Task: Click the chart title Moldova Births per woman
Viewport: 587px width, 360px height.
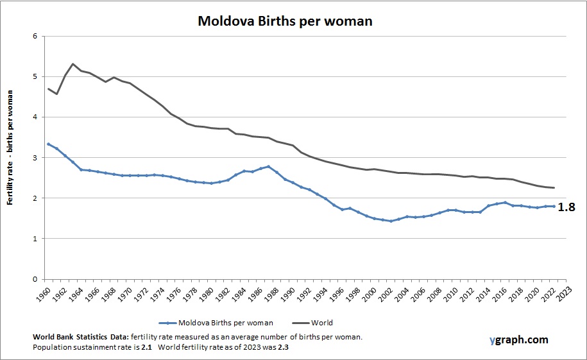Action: click(x=285, y=21)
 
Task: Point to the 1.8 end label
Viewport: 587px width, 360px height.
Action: click(x=567, y=207)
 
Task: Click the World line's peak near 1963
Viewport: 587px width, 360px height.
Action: click(x=72, y=64)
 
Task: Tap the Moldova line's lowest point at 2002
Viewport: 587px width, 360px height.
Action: click(x=391, y=221)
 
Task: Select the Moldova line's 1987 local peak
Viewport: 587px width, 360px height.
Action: click(x=268, y=166)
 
